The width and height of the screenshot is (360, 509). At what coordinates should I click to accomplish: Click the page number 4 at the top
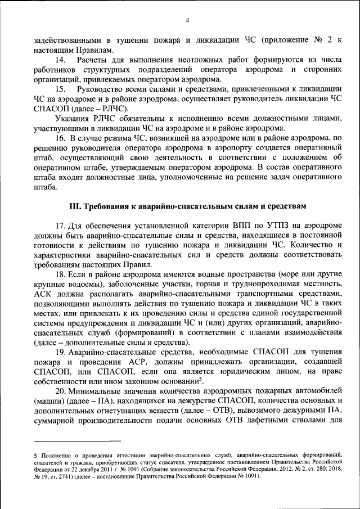coord(187,21)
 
